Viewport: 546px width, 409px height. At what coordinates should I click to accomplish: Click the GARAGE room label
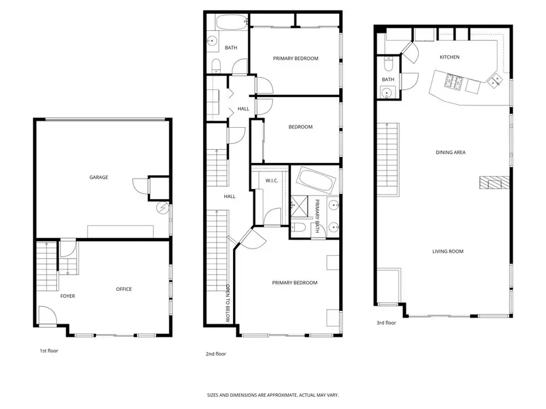99,178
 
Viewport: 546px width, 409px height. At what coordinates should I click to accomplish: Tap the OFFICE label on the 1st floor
124,289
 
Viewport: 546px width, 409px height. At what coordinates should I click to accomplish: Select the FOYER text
67,296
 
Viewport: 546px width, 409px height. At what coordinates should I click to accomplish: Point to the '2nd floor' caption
216,354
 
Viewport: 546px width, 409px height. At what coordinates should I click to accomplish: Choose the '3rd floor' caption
386,323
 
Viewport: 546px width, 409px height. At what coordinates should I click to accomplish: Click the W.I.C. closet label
272,181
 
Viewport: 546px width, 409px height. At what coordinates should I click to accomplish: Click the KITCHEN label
450,58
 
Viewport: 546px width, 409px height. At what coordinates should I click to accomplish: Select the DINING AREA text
450,153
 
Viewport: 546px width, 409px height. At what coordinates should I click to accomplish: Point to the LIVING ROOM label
448,251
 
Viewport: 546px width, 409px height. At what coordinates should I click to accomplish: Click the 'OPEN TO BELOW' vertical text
228,304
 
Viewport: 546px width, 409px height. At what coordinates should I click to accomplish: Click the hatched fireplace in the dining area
493,183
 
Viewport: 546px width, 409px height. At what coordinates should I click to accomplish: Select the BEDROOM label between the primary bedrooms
300,127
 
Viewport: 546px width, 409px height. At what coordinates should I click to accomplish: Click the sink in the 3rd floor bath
386,92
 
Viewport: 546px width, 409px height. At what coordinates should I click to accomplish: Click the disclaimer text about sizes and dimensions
273,395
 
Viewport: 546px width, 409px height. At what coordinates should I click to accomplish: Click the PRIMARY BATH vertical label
317,216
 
